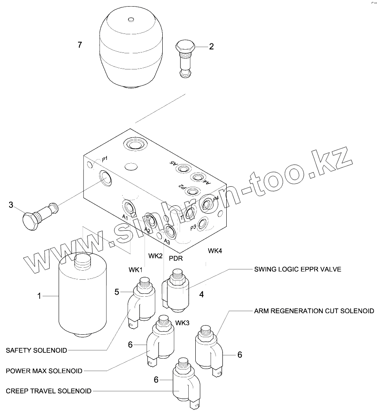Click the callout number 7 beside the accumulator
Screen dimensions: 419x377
[80, 45]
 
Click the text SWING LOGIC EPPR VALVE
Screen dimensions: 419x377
[297, 269]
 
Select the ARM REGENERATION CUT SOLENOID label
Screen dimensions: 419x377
[314, 311]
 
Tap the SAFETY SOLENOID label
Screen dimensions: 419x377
[36, 350]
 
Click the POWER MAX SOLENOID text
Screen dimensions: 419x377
[44, 370]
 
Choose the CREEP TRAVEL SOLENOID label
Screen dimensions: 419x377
[49, 391]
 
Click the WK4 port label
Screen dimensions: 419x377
[215, 250]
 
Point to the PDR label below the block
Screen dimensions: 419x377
[176, 259]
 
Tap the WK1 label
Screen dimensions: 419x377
[135, 270]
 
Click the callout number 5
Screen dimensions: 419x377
[117, 292]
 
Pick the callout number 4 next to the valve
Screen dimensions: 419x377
[202, 295]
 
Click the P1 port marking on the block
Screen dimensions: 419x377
[105, 159]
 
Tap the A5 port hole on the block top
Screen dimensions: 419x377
[182, 169]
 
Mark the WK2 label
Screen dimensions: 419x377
[155, 256]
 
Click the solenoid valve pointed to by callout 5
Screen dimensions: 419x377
[143, 302]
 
